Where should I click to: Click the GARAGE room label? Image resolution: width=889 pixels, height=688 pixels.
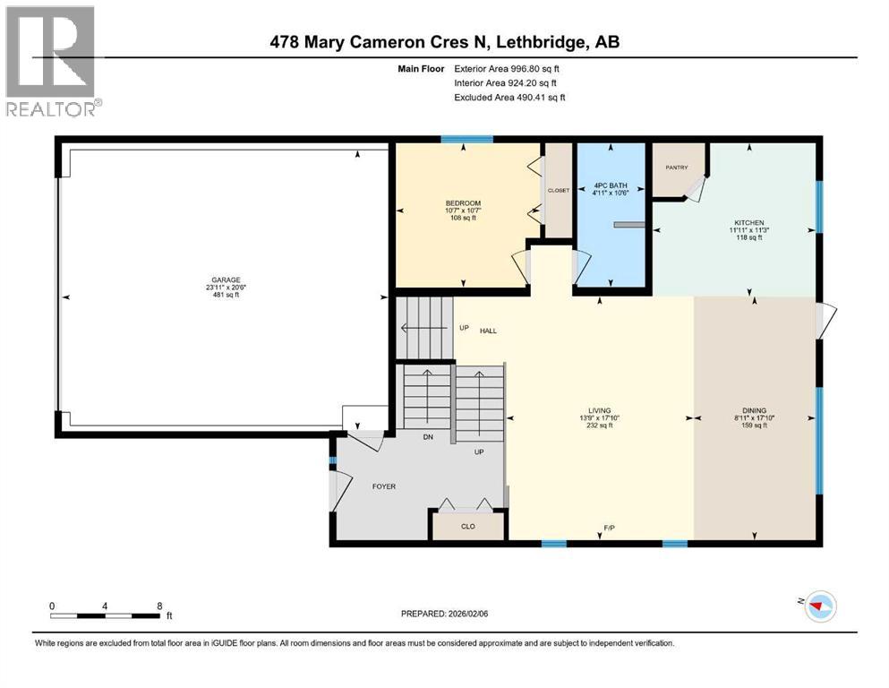point(226,279)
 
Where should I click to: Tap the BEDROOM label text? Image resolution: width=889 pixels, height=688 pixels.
point(463,203)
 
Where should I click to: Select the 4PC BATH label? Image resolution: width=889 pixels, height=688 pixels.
point(611,185)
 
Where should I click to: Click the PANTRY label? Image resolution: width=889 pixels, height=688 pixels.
point(677,168)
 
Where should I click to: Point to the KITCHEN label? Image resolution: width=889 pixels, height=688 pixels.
point(749,223)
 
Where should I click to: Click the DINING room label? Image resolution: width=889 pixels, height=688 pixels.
point(754,410)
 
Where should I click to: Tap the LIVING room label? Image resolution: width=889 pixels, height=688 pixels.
point(599,410)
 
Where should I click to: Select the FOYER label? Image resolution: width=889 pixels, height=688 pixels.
point(384,486)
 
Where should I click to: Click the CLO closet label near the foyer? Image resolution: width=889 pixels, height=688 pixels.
point(467,527)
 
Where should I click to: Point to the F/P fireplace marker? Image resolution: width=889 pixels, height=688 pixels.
point(609,528)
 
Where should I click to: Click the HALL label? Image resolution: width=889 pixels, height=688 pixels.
point(488,331)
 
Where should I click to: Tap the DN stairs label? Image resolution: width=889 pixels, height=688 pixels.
point(428,437)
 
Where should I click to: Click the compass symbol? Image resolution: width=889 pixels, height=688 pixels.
point(820,606)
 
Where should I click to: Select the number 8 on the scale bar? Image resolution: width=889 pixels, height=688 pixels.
point(160,606)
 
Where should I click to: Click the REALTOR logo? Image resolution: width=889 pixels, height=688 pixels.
point(52,61)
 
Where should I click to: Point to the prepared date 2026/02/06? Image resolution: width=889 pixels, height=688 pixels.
point(467,614)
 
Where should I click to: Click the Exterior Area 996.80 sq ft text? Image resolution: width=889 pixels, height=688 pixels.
point(507,69)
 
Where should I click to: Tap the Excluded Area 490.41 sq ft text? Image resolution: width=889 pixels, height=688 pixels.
point(509,97)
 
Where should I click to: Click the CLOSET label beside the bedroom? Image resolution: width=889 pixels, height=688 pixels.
point(559,191)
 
